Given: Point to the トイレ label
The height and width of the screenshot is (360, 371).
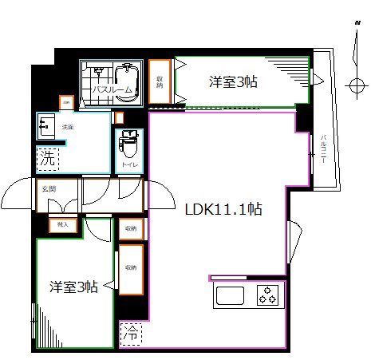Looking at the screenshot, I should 128,164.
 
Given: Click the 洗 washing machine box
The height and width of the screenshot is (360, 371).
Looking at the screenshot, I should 47,158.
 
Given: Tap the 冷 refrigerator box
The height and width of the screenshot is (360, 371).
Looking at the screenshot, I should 129,334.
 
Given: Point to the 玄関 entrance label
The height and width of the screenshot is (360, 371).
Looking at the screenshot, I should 48,188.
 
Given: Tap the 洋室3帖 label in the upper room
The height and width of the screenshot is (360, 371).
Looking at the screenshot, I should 233,81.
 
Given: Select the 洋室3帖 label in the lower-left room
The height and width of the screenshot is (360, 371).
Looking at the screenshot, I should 73,287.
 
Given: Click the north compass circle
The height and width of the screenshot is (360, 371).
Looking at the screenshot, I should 355,84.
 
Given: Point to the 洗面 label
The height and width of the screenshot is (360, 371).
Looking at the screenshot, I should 69,126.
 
